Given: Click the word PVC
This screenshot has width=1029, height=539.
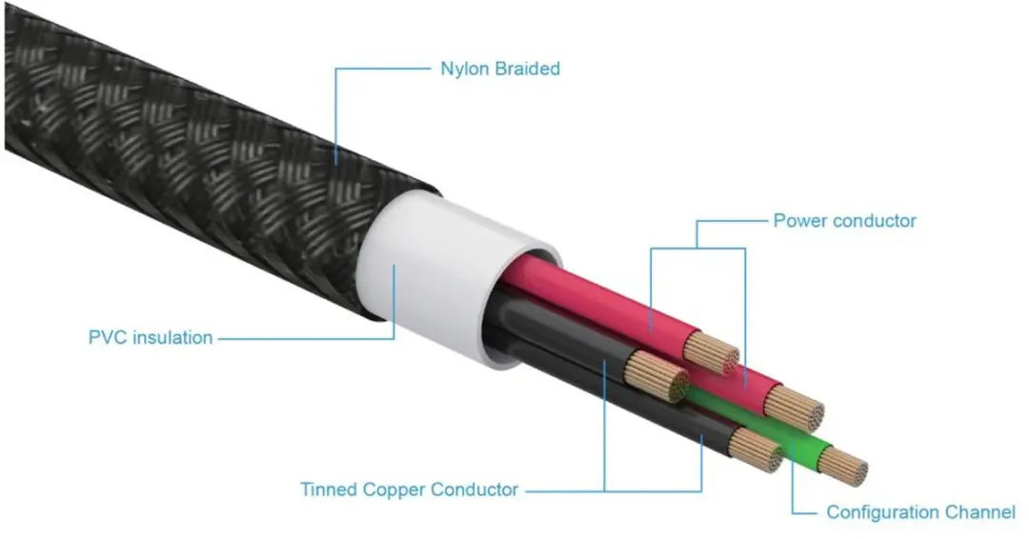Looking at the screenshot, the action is tap(107, 338).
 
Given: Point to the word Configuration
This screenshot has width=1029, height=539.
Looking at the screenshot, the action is tap(882, 512).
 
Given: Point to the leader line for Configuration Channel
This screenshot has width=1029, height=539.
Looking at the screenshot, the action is tap(793, 486).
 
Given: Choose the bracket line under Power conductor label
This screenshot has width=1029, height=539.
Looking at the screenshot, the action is tap(697, 248).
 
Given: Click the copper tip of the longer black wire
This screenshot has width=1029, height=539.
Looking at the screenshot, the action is tap(756, 449).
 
